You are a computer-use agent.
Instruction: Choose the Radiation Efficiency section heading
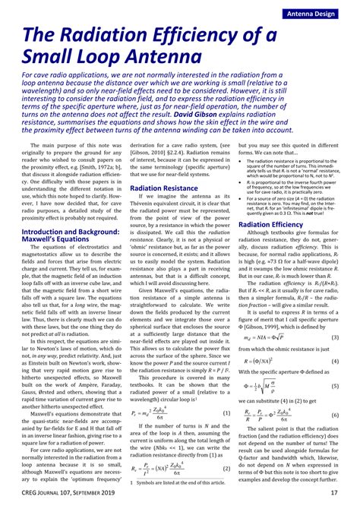275,226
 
